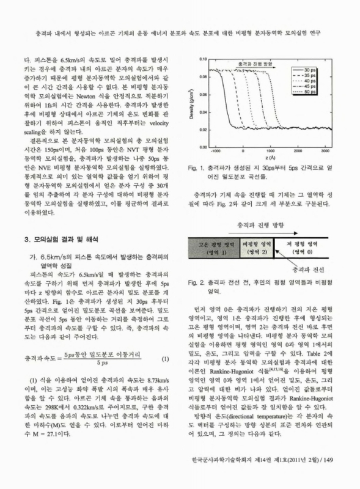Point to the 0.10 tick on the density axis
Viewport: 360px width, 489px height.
[x=201, y=59]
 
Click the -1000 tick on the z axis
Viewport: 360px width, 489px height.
[x=216, y=150]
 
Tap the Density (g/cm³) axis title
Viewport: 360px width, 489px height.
[x=191, y=101]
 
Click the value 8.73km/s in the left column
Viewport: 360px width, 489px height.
[x=139, y=381]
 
